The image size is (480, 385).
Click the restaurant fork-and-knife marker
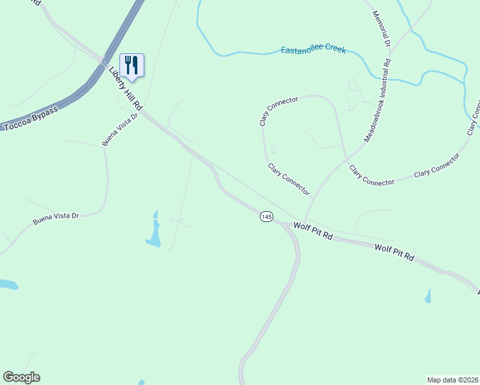(x=132, y=65)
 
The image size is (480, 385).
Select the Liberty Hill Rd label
(x=125, y=87)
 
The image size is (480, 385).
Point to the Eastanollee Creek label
(x=313, y=49)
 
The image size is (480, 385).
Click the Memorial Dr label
(x=381, y=29)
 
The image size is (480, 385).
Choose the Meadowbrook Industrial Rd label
(x=378, y=101)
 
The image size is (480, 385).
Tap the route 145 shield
(x=266, y=217)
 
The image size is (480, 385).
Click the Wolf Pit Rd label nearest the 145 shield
(x=313, y=231)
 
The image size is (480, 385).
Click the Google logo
(x=21, y=377)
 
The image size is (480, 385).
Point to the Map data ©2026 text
(x=452, y=379)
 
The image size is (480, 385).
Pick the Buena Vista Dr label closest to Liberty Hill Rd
(x=120, y=130)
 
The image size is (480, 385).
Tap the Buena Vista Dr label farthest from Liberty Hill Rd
(x=55, y=218)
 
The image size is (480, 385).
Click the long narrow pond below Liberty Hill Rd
(x=154, y=230)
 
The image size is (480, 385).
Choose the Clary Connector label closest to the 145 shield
(x=289, y=180)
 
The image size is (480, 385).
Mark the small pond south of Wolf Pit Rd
(x=427, y=295)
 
